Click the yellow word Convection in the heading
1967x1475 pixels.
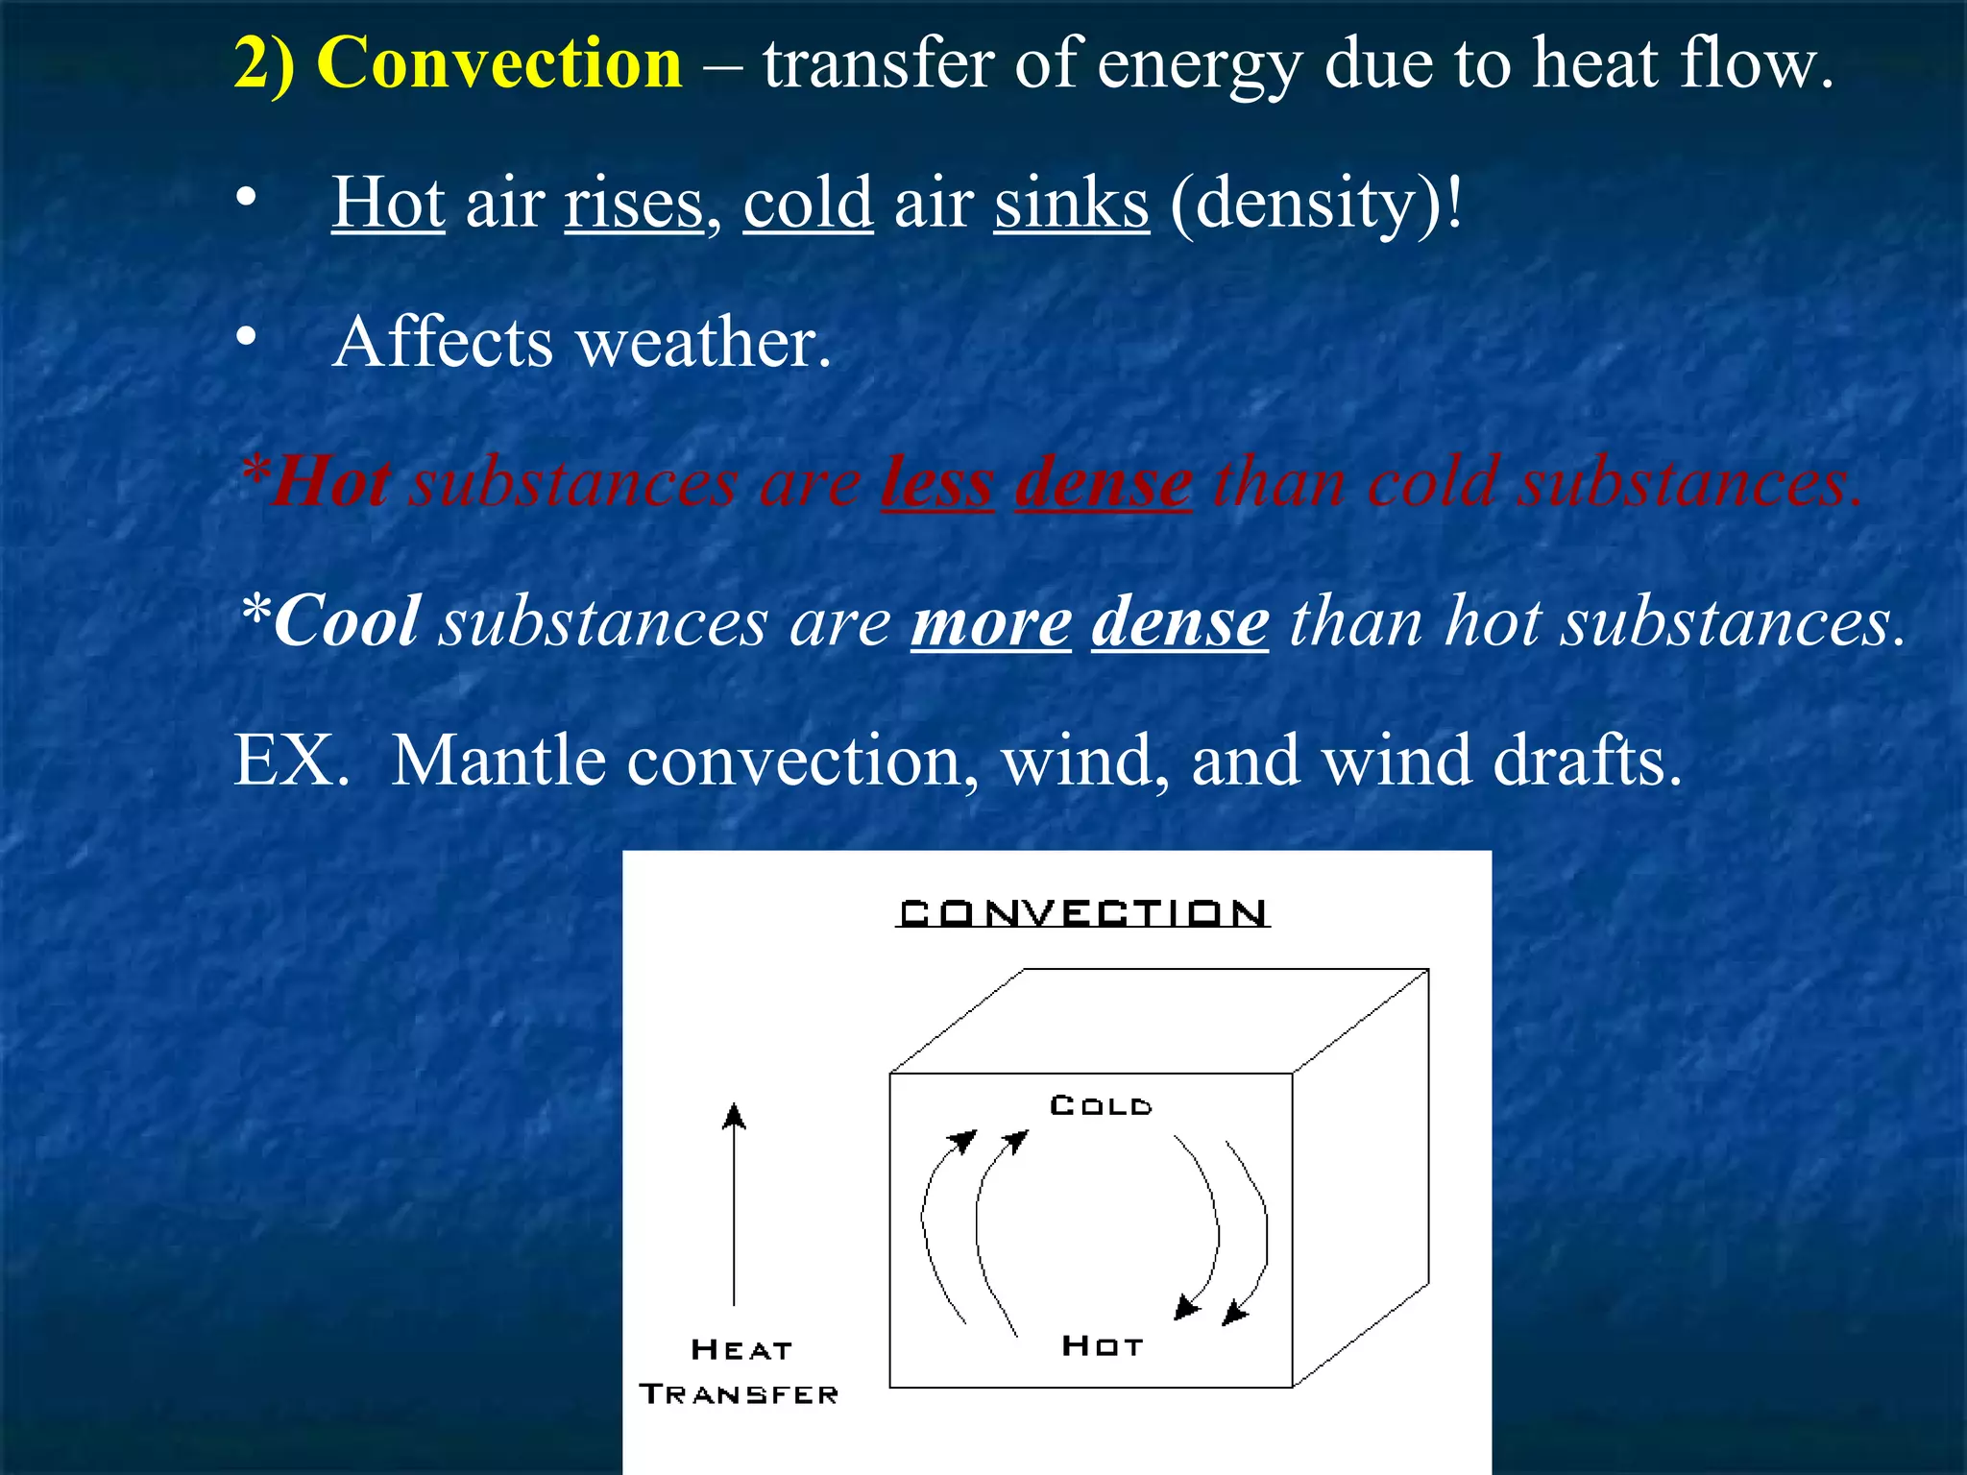(x=498, y=63)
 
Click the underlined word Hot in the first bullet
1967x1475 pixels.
(x=388, y=203)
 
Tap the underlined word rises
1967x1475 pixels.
(x=634, y=203)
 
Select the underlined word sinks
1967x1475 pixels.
(x=1071, y=203)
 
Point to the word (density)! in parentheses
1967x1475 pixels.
(x=1316, y=203)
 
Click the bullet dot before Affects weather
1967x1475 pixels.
(x=247, y=337)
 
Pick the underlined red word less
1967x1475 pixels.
(x=937, y=482)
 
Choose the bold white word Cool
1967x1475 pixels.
(x=346, y=621)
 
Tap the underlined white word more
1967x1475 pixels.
(x=990, y=622)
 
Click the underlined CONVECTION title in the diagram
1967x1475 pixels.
(x=1082, y=912)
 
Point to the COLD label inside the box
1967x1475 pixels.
(x=1101, y=1105)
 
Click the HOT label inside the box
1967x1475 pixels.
(x=1102, y=1345)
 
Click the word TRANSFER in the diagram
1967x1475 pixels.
(x=739, y=1394)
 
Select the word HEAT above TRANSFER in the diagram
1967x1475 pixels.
(x=741, y=1349)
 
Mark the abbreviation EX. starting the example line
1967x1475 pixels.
(x=291, y=761)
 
